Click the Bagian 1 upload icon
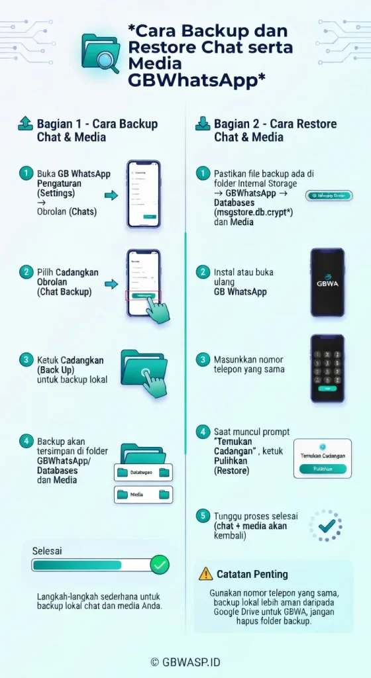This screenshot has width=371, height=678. coord(25,123)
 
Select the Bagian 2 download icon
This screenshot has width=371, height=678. coord(202,123)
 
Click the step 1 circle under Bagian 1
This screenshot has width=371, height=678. coord(26,173)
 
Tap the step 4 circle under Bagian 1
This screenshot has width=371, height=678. coord(26,440)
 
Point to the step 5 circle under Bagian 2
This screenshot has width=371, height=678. coord(203,515)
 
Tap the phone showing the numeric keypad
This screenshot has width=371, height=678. coord(327,368)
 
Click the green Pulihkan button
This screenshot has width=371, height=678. coord(323,468)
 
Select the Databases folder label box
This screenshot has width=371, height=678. coord(143,472)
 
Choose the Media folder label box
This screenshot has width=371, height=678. coord(143,494)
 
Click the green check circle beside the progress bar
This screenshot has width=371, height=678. coord(160,565)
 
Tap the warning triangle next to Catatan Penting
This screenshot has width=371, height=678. coord(206,574)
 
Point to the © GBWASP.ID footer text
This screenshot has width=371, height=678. coord(185,661)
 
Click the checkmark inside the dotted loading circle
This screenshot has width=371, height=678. coord(326,526)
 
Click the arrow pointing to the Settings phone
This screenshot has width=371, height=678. coord(111,195)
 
